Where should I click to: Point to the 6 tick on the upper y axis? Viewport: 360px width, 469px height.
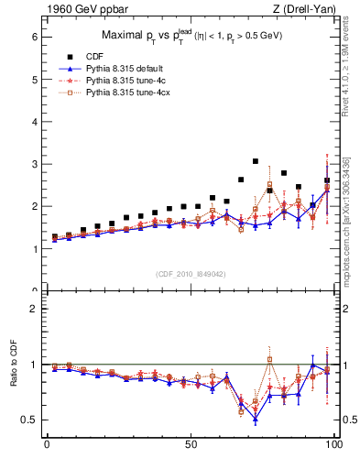(34, 38)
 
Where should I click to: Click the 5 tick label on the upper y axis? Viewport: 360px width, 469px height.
(34, 80)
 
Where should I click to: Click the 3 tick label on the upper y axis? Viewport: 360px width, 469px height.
(34, 164)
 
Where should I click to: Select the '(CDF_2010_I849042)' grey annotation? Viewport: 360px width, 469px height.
(191, 273)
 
